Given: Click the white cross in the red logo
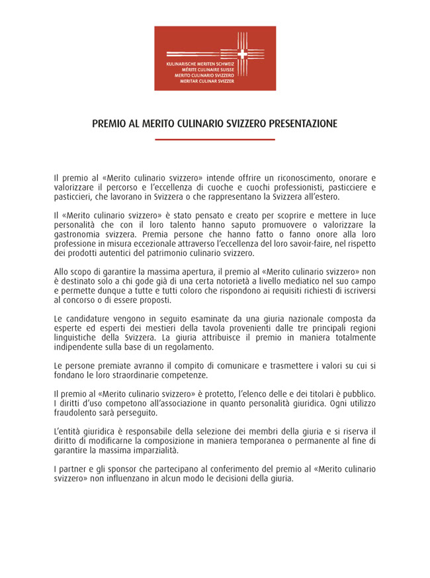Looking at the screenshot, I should point(242,54).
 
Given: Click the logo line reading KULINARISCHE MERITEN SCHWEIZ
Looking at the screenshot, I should point(200,64).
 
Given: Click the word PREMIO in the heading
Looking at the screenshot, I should point(107,124).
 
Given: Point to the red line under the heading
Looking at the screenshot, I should point(214,140).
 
